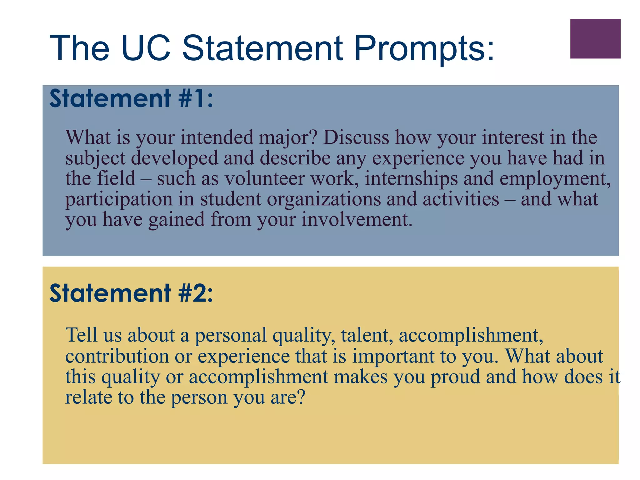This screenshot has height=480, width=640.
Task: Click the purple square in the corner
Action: point(595,38)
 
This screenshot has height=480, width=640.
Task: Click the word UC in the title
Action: point(146,48)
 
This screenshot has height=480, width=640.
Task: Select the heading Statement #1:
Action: point(131,98)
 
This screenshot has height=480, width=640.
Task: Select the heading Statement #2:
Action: point(131,293)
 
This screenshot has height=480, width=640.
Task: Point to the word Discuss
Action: point(356,137)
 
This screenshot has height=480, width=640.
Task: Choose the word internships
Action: point(411,179)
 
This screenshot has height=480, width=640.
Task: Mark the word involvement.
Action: point(357,219)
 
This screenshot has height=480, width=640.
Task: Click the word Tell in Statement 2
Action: point(81,335)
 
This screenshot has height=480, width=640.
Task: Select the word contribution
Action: point(117,356)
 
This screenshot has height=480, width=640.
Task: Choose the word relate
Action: point(88,397)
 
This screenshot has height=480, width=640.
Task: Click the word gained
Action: point(177,220)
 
